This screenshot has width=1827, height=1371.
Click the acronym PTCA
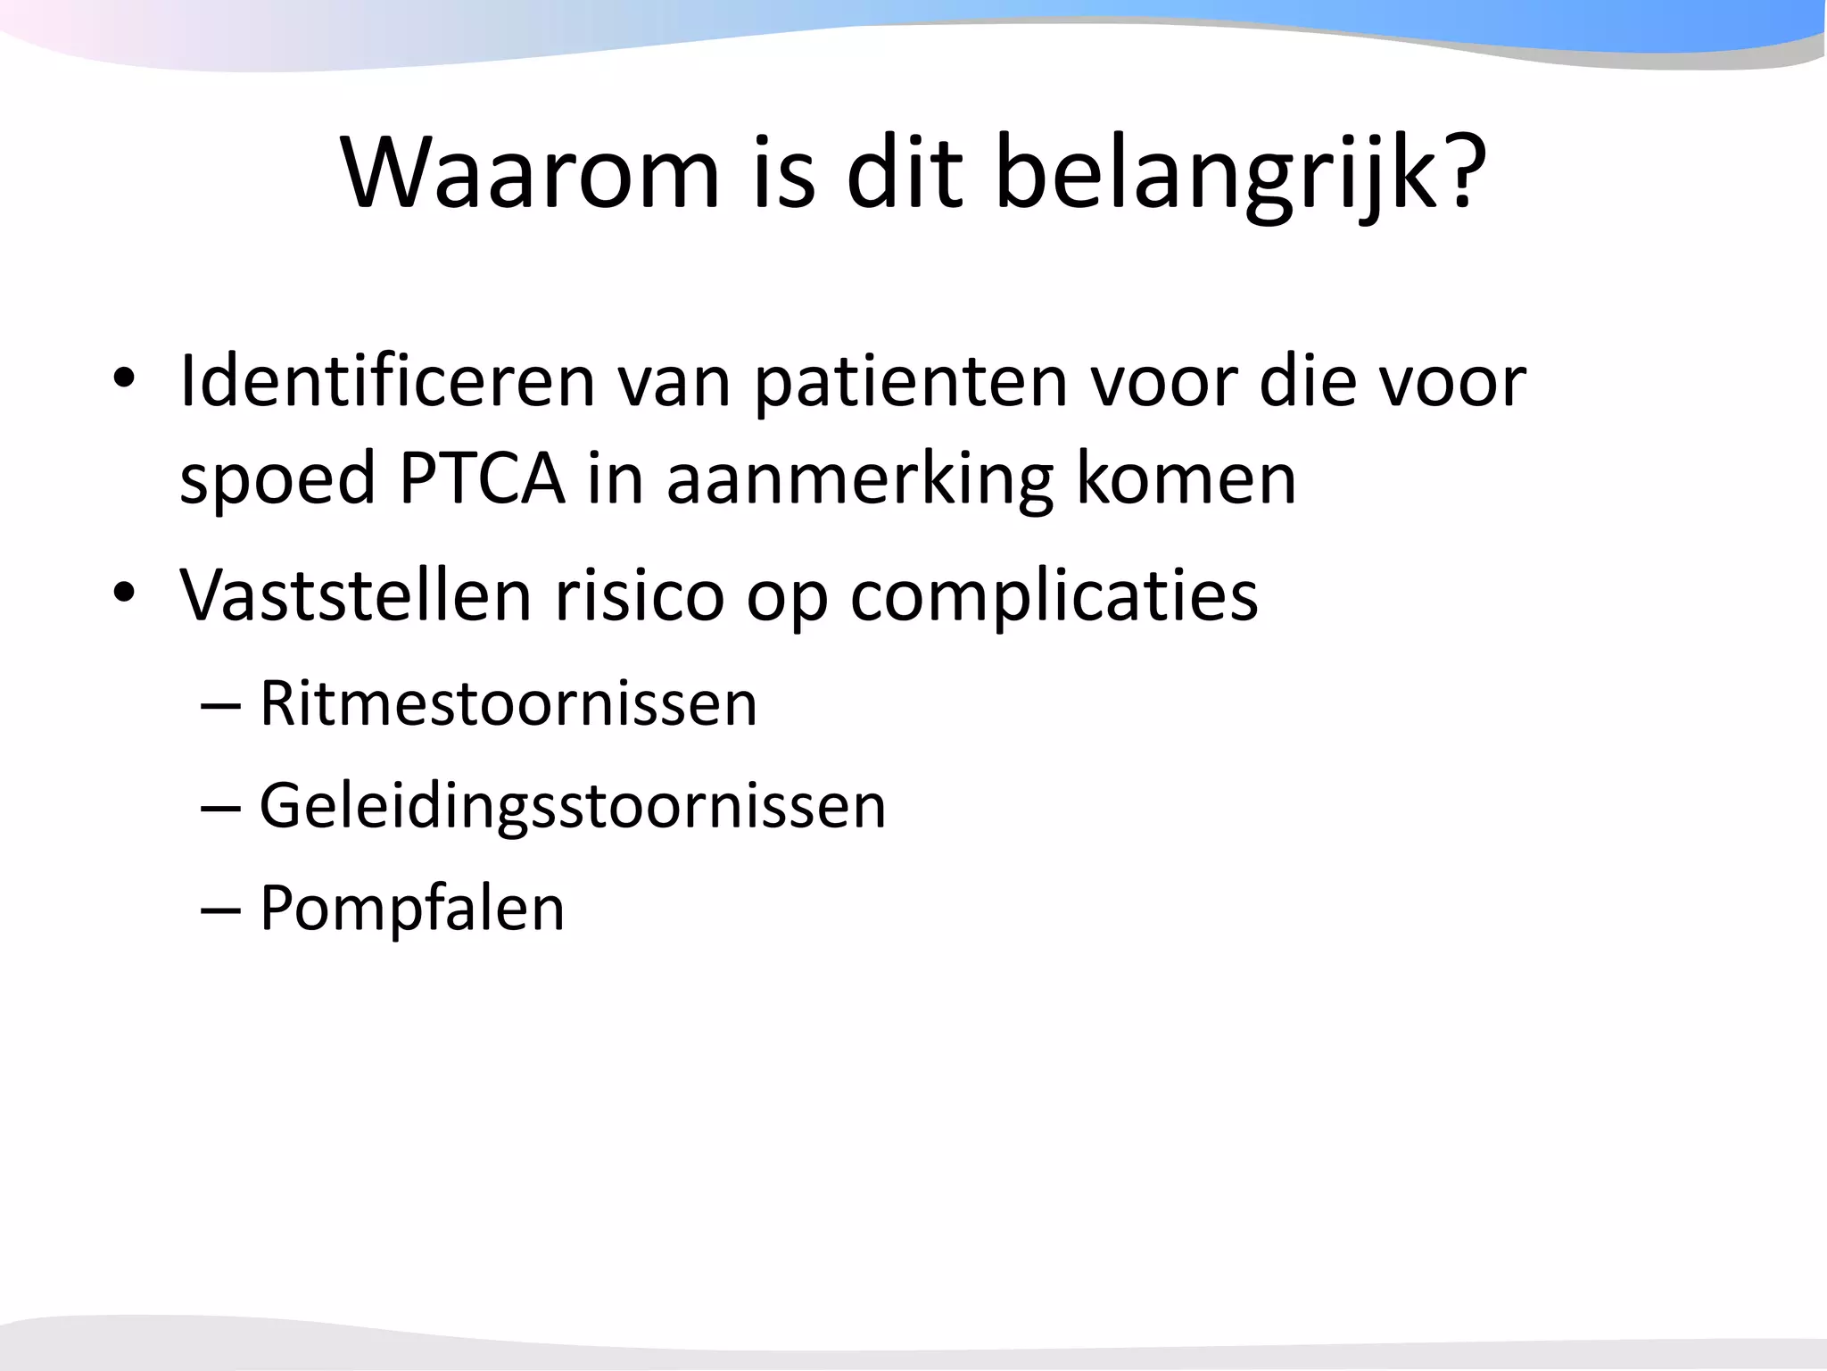(x=482, y=479)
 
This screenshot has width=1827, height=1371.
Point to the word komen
(x=1186, y=479)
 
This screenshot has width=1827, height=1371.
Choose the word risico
(x=640, y=594)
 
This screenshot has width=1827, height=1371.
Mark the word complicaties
(x=1054, y=596)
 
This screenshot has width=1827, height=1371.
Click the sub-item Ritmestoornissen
(x=508, y=703)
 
